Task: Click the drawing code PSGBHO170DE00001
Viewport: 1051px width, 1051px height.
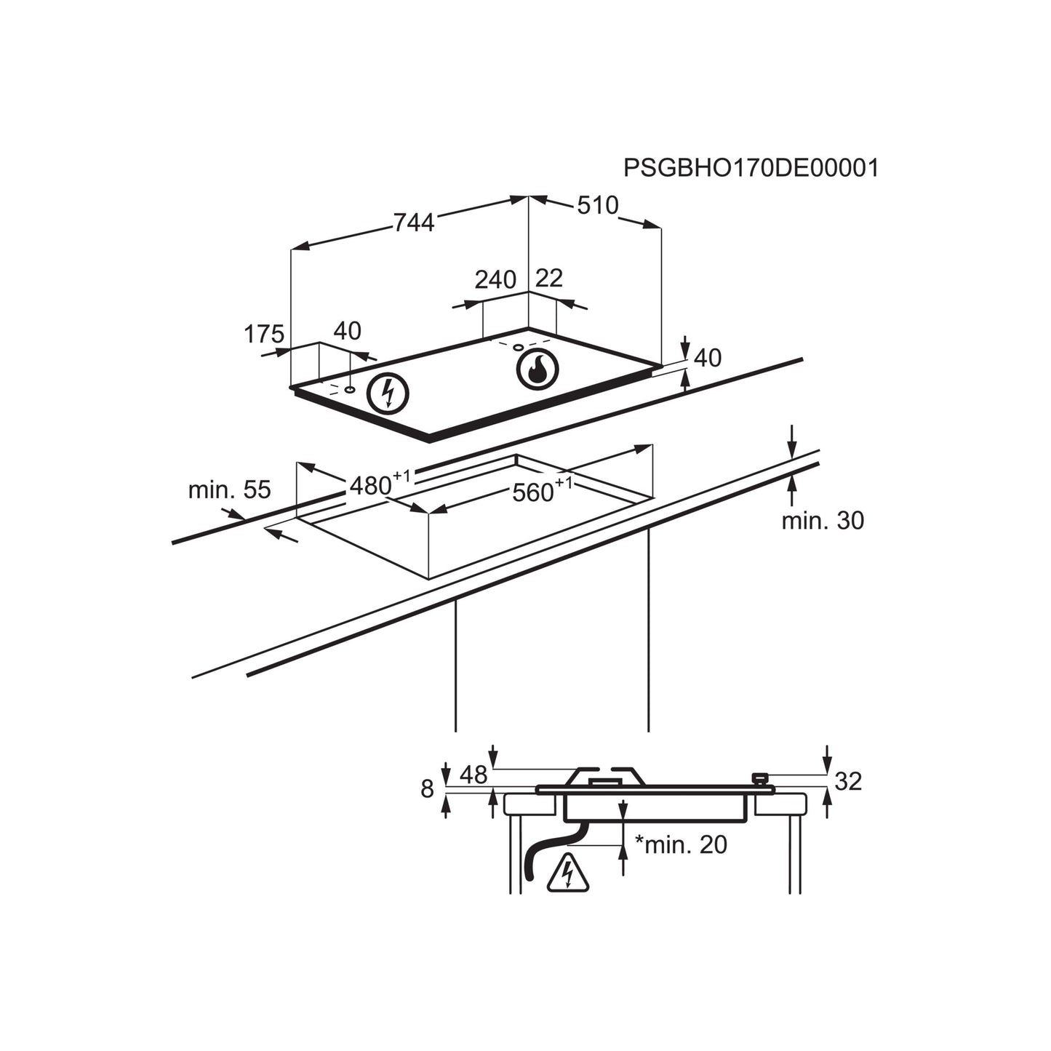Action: (751, 168)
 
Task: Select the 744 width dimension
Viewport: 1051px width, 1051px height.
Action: (413, 221)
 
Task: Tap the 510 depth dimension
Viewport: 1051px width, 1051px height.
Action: (597, 206)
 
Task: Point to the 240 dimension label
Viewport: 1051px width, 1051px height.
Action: (495, 279)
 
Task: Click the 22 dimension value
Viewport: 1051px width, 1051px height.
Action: (549, 278)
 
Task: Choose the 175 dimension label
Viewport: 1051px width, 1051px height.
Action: (263, 334)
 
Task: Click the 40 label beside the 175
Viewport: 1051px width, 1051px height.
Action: (347, 331)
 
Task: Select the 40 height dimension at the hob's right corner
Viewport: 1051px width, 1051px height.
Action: (707, 358)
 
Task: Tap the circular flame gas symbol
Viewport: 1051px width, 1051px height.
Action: (538, 369)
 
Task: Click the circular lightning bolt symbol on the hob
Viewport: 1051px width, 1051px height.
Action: (388, 393)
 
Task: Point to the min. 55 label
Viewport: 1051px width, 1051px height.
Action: (229, 489)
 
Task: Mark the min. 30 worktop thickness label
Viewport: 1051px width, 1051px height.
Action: (823, 521)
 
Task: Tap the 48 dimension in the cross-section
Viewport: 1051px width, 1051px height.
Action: (473, 775)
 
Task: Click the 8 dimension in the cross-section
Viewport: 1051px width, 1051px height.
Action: (427, 789)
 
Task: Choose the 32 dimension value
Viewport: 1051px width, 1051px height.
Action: (847, 781)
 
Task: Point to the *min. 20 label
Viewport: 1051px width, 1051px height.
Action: (681, 844)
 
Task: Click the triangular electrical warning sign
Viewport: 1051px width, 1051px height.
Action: (568, 875)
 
